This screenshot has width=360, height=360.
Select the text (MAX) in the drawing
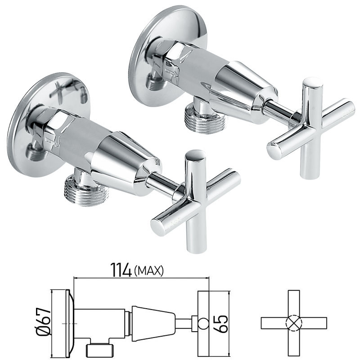click(148, 271)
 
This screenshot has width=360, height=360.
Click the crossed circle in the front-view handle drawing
click(293, 323)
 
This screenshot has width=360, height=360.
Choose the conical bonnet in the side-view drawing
click(153, 322)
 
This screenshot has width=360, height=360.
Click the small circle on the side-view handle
click(203, 322)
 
